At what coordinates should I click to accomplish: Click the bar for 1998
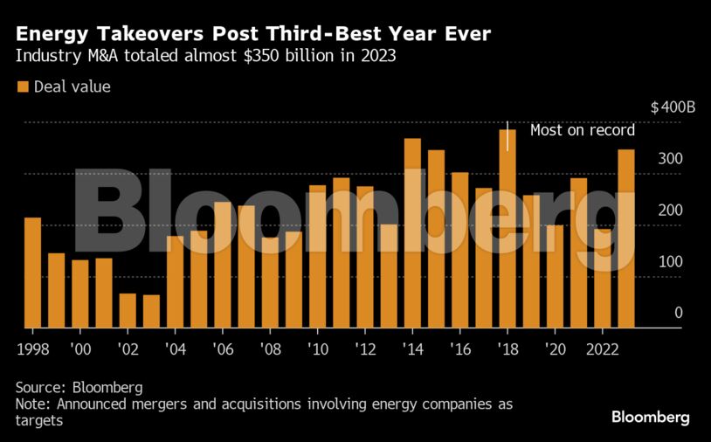point(32,273)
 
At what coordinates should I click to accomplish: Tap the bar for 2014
point(412,233)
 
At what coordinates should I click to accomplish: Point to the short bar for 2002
point(128,310)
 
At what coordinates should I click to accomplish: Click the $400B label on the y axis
point(673,108)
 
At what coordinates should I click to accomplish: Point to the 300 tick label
point(671,159)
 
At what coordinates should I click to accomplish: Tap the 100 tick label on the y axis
point(671,262)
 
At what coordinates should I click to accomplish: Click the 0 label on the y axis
point(678,313)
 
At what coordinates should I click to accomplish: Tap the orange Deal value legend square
point(23,86)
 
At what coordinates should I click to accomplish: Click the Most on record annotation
point(583,131)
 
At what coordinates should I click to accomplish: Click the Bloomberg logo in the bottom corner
point(650,418)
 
